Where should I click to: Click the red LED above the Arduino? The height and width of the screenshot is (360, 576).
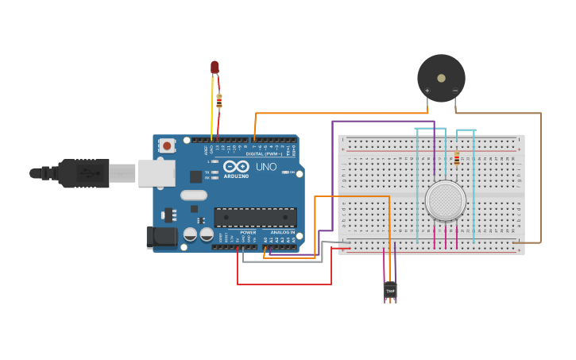pos(215,68)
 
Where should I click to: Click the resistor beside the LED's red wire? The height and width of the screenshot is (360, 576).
pos(219,100)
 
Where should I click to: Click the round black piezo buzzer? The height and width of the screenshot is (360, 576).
pos(441,77)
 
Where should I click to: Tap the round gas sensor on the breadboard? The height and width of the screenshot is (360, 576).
pos(445,200)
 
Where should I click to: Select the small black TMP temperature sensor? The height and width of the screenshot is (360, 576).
pos(390,292)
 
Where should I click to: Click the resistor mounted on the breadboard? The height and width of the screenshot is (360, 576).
pos(456,159)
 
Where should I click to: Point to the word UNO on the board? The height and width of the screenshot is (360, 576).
pos(265,167)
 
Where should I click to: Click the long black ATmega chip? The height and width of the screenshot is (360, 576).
pos(255,217)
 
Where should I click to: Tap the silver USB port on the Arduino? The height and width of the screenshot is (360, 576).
pos(157,173)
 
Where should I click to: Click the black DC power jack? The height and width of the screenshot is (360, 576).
pos(161,238)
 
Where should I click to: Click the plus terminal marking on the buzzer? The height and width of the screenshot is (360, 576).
pos(427,91)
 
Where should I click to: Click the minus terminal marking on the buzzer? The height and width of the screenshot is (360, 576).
pos(455,91)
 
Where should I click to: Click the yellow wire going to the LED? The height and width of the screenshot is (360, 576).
pos(212,111)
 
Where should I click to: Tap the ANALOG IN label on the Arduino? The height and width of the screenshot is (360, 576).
pos(282,233)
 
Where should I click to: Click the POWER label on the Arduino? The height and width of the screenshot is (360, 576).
pos(248,233)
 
